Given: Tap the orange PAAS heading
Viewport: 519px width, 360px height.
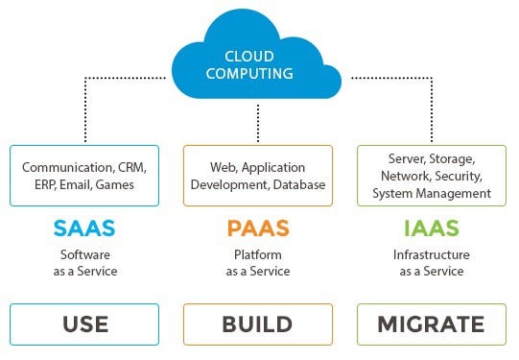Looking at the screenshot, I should [257, 228].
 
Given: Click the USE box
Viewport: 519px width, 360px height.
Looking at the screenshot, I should [85, 324].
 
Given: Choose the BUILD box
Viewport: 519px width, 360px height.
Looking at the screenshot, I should [257, 324].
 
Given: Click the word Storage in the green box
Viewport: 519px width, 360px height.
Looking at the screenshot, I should [446, 156].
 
